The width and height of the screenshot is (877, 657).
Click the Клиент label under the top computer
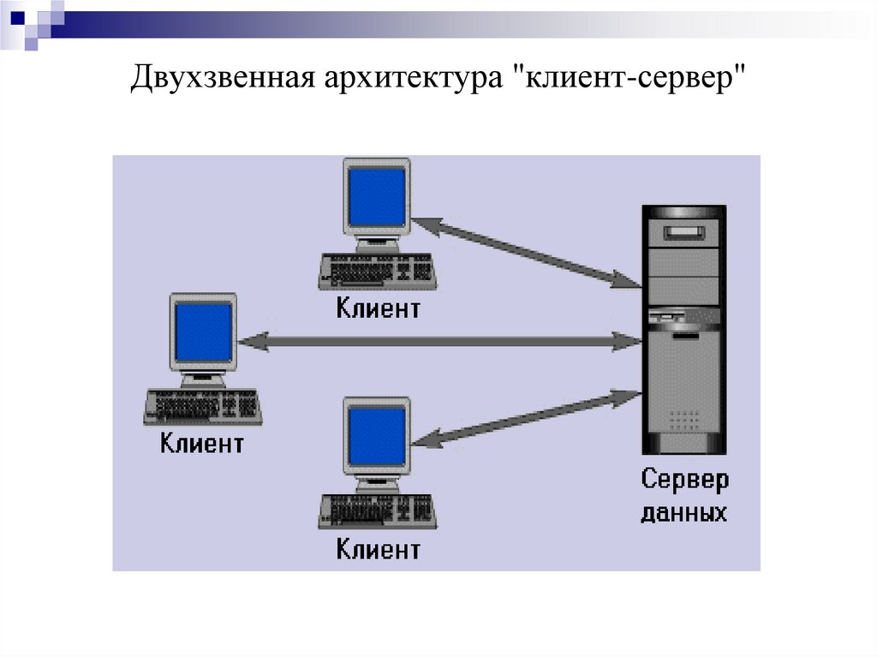[x=378, y=308]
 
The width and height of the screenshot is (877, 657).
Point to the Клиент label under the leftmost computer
[x=201, y=444]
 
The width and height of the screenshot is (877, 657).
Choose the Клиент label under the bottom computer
[x=378, y=549]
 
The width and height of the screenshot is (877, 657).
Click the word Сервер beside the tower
[x=685, y=480]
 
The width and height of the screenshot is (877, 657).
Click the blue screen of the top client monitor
[x=377, y=197]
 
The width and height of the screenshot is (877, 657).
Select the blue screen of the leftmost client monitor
[x=204, y=332]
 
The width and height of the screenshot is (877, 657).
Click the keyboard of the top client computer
[x=377, y=272]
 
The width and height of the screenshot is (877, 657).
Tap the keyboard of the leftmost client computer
[x=203, y=406]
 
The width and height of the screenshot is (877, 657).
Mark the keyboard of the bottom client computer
[x=377, y=511]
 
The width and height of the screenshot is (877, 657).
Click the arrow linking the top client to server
[x=528, y=251]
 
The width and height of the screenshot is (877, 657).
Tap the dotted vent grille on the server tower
[x=683, y=420]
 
